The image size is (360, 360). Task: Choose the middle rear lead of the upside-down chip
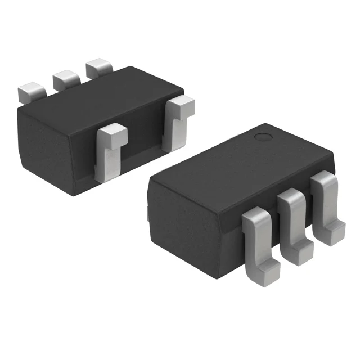pyautogui.click(x=65, y=80)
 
